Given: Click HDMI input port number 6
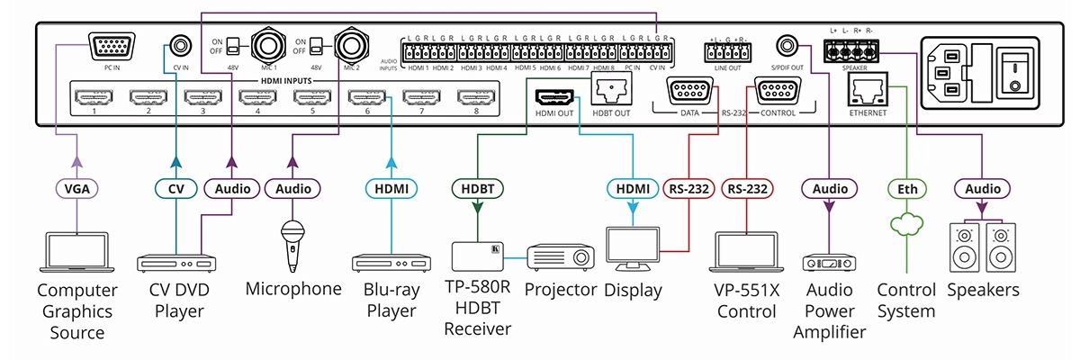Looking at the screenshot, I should tap(367, 95).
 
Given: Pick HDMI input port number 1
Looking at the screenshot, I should tap(93, 95).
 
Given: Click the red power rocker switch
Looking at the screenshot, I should tap(1016, 68).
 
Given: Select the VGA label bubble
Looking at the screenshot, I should tap(76, 189).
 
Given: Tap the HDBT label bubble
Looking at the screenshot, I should tap(476, 189).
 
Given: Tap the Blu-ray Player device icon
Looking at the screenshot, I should tap(390, 264).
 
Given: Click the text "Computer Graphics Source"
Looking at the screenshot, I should tap(76, 311).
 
